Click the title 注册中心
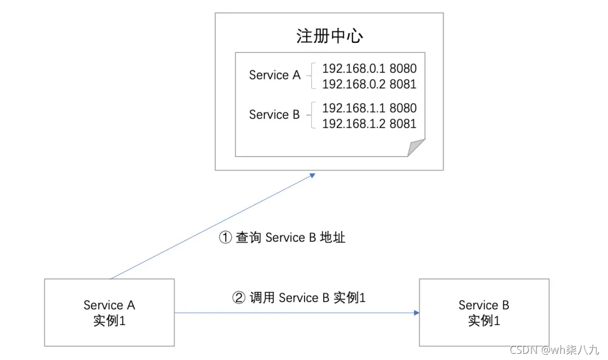[329, 36]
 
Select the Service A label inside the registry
[275, 75]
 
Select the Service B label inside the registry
[274, 115]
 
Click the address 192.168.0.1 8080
[369, 69]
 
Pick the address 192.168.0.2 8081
[369, 85]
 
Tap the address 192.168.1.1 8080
[369, 108]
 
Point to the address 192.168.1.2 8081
[369, 123]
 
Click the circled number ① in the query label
[225, 238]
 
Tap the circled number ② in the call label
[239, 297]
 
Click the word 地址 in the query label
[332, 238]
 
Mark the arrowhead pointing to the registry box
[312, 175]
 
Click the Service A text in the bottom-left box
[109, 305]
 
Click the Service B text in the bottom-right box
[484, 305]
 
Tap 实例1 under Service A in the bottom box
[109, 321]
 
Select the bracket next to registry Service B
[311, 115]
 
